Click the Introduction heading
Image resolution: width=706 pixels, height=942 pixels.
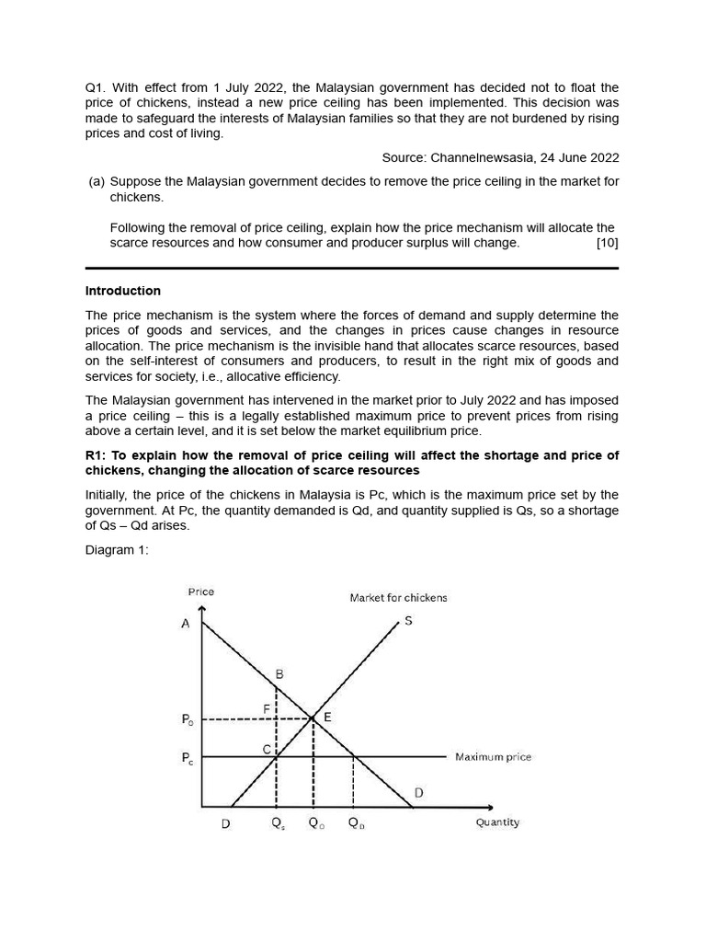(x=122, y=291)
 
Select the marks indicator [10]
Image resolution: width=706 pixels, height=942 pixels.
(x=607, y=243)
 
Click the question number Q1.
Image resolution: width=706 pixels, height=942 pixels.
(x=96, y=87)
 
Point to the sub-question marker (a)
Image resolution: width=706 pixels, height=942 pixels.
(x=97, y=182)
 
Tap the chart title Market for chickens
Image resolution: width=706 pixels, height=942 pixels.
(x=398, y=598)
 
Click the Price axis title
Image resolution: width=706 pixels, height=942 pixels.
(x=200, y=592)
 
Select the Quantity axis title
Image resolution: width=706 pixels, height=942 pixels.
(x=497, y=822)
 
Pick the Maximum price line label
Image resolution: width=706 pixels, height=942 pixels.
(x=493, y=757)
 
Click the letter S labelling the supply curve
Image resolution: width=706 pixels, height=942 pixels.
(x=408, y=621)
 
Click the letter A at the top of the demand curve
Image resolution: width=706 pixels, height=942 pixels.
(x=186, y=624)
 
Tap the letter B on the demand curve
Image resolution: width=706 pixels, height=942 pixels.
(x=279, y=673)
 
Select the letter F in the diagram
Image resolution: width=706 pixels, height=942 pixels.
(x=267, y=708)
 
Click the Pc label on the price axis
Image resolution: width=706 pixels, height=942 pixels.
(x=188, y=759)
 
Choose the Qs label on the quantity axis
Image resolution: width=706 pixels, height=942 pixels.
(x=278, y=824)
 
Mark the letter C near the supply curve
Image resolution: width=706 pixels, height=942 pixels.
(x=267, y=750)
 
